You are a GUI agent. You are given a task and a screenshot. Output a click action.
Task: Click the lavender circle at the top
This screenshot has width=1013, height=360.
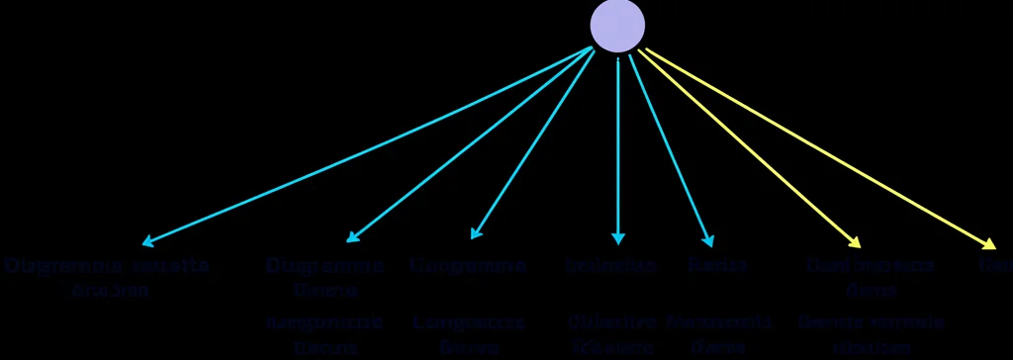(617, 26)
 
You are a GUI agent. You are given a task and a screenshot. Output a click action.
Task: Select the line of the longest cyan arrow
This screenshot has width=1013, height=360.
(366, 145)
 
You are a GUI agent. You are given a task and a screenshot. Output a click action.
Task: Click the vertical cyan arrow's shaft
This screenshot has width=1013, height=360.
(618, 148)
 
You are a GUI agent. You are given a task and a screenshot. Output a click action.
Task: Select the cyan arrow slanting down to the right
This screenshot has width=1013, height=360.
(671, 148)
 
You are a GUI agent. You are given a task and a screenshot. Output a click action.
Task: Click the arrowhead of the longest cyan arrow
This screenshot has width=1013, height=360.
(147, 241)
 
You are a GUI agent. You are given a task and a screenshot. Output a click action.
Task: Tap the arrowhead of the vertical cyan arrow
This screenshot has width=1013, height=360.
(618, 238)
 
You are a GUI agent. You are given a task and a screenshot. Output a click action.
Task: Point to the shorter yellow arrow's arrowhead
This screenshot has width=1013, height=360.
(855, 243)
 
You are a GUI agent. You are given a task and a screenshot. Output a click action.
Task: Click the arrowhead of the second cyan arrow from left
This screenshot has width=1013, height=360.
(351, 238)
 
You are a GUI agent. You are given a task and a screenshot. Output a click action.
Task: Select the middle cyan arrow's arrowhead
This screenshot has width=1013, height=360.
(475, 234)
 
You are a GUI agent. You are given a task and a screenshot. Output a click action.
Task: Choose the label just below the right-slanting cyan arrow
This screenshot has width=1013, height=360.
(717, 267)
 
